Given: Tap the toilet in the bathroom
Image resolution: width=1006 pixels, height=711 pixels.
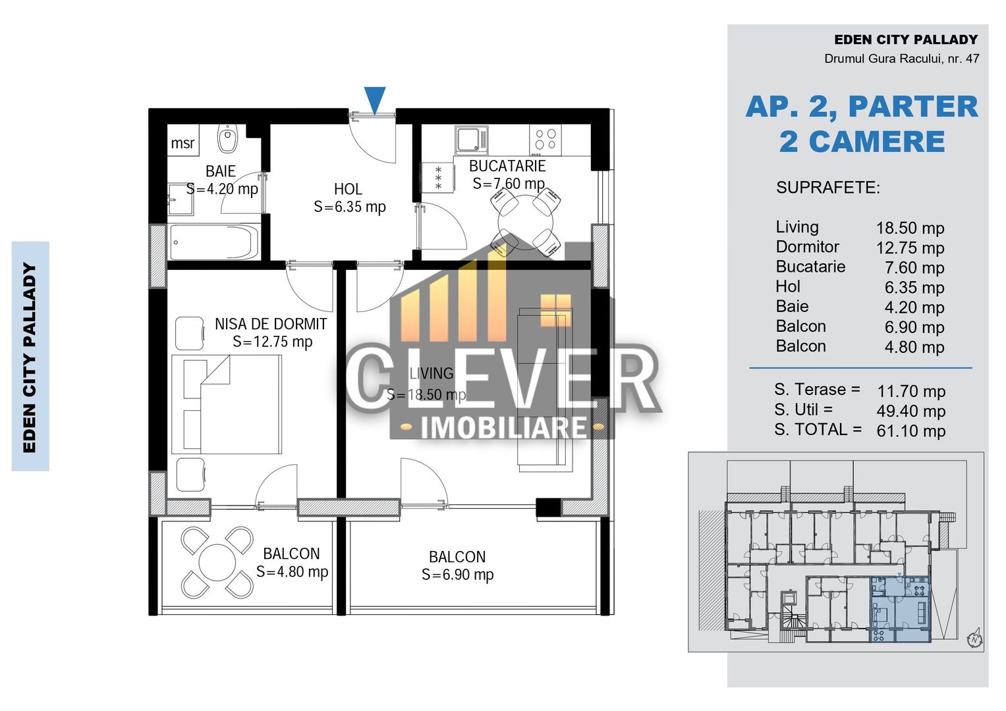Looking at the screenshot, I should click(x=227, y=139).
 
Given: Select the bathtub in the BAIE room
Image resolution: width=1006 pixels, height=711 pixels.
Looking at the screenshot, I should click(x=214, y=242).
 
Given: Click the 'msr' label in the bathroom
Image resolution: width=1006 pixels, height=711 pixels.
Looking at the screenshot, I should click(x=182, y=143).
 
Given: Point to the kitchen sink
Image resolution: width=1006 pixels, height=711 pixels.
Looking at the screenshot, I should click(x=471, y=140).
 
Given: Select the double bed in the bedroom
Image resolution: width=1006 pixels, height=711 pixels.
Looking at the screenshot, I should click(x=227, y=404).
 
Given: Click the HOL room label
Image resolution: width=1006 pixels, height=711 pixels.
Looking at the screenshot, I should click(x=348, y=190).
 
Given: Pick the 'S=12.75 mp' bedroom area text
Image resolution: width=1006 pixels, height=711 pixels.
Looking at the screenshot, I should click(x=272, y=342).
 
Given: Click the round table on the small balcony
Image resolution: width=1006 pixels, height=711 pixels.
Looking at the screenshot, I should click(x=217, y=563).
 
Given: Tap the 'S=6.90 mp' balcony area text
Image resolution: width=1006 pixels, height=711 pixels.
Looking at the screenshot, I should click(x=457, y=575).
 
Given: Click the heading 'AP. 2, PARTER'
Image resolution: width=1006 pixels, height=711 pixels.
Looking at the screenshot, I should click(x=861, y=107).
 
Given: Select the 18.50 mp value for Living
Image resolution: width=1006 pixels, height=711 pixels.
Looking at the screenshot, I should click(x=910, y=228).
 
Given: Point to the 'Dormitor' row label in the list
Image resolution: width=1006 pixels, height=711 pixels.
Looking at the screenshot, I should click(x=807, y=247).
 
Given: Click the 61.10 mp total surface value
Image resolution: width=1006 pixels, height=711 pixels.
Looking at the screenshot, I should click(x=910, y=431).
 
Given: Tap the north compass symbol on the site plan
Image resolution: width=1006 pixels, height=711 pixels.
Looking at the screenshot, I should click(x=974, y=638).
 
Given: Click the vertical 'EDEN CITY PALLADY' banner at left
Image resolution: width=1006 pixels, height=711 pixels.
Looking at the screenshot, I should click(x=30, y=356).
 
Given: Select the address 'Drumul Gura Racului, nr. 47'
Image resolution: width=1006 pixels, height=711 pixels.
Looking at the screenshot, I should click(x=901, y=59).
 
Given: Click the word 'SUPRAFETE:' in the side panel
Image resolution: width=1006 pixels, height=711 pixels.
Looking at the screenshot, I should click(x=827, y=188).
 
